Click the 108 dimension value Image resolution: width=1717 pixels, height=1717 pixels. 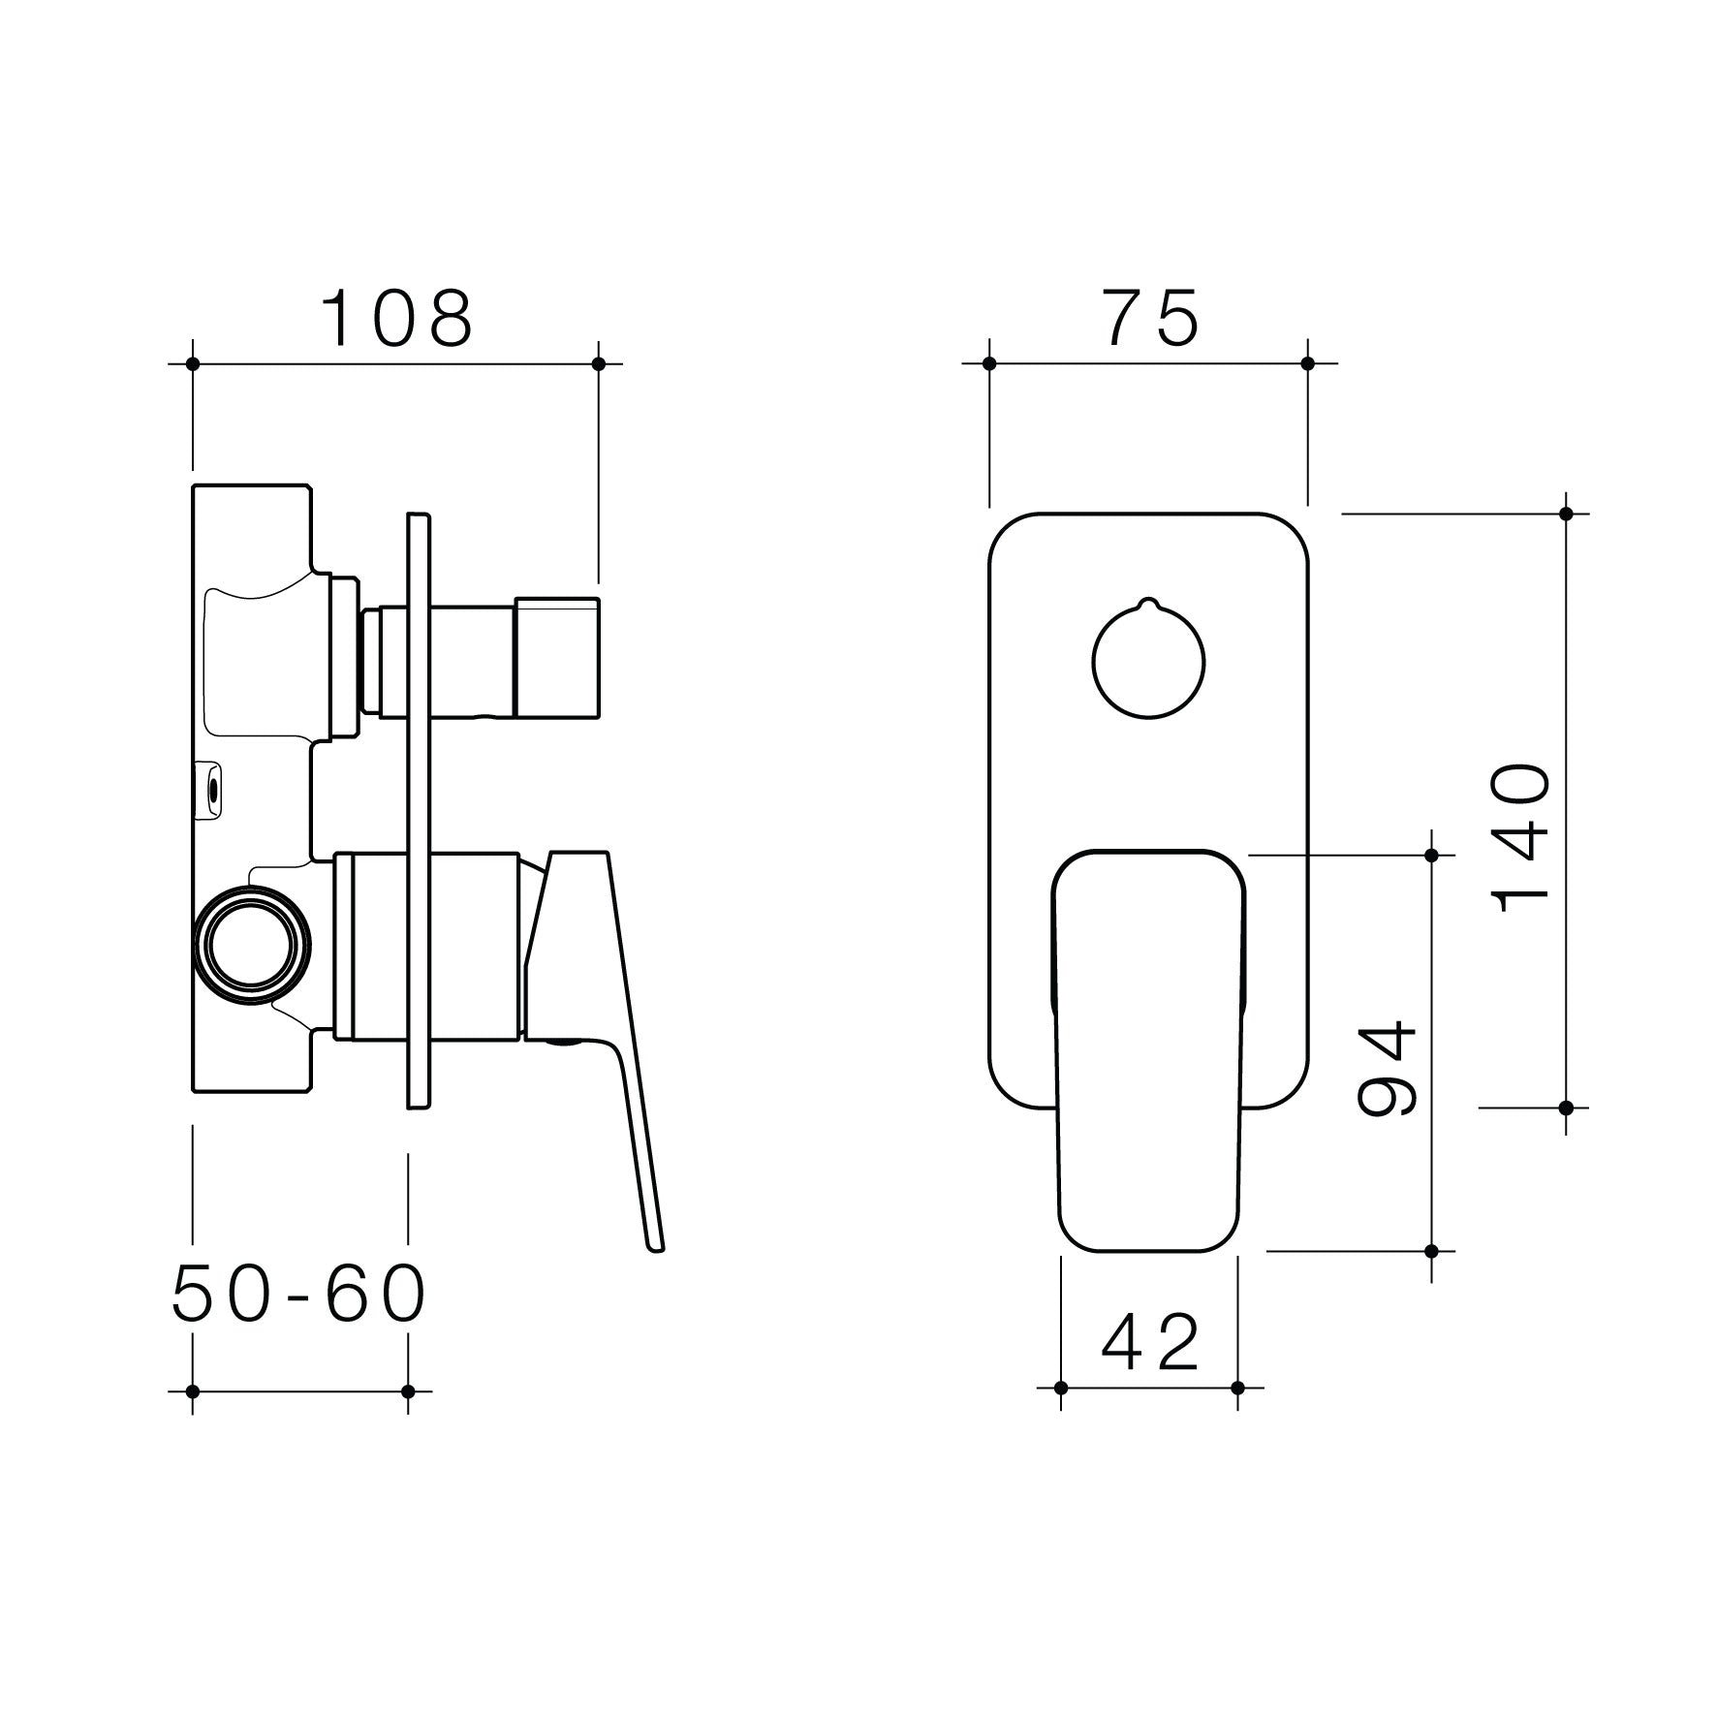pyautogui.click(x=396, y=319)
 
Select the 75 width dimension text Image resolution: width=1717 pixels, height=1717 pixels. pyautogui.click(x=1150, y=319)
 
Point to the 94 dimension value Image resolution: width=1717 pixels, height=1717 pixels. pyautogui.click(x=1388, y=1068)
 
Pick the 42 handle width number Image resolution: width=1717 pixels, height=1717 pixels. pyautogui.click(x=1150, y=1343)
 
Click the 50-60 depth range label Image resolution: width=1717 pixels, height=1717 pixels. pyautogui.click(x=298, y=1295)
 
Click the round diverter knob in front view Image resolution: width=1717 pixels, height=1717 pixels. pyautogui.click(x=1148, y=663)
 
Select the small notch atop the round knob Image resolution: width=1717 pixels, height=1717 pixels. pyautogui.click(x=1148, y=603)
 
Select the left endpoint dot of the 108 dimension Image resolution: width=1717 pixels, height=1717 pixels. pyautogui.click(x=192, y=364)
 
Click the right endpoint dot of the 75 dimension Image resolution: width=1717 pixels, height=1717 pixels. pyautogui.click(x=1307, y=364)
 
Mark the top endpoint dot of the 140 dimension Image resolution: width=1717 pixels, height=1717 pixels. pyautogui.click(x=1566, y=514)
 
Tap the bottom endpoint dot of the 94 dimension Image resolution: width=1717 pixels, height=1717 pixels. pyautogui.click(x=1432, y=1251)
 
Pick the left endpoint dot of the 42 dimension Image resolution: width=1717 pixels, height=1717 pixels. pyautogui.click(x=1060, y=1388)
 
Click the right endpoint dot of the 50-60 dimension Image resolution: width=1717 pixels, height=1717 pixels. pyautogui.click(x=408, y=1391)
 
